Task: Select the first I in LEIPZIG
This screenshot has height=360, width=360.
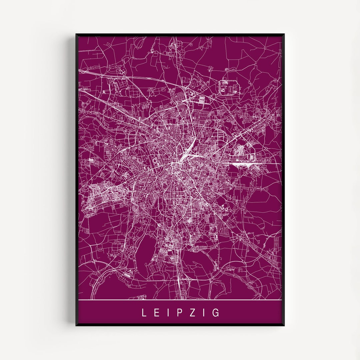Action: tap(168, 313)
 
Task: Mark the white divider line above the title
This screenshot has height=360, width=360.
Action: tap(180, 300)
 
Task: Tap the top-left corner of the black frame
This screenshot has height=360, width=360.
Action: tap(76, 34)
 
